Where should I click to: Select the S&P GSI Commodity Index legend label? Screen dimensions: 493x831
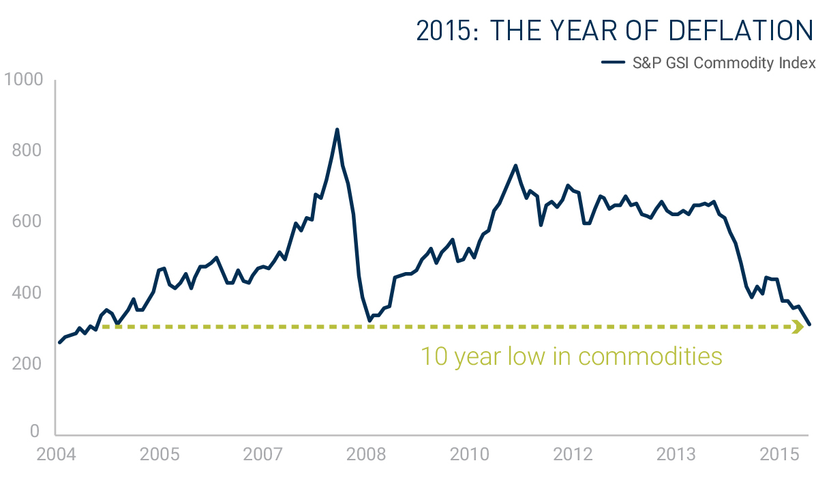coord(723,63)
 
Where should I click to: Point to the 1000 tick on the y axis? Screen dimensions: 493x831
coord(24,80)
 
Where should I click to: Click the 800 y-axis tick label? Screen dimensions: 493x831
coord(28,151)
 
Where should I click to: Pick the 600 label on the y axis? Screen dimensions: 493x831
coord(28,222)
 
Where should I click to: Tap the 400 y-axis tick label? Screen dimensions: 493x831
coord(28,293)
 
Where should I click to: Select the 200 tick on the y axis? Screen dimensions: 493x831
coord(28,363)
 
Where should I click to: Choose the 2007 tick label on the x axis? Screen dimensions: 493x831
coord(263,454)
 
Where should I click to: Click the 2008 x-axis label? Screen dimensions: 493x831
coord(366,454)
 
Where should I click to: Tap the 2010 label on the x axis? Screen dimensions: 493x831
coord(470,454)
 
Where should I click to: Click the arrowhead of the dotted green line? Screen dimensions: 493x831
coord(798,327)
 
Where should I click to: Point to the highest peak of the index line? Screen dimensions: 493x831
coord(337,130)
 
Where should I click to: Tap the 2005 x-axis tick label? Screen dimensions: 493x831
coord(160,454)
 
